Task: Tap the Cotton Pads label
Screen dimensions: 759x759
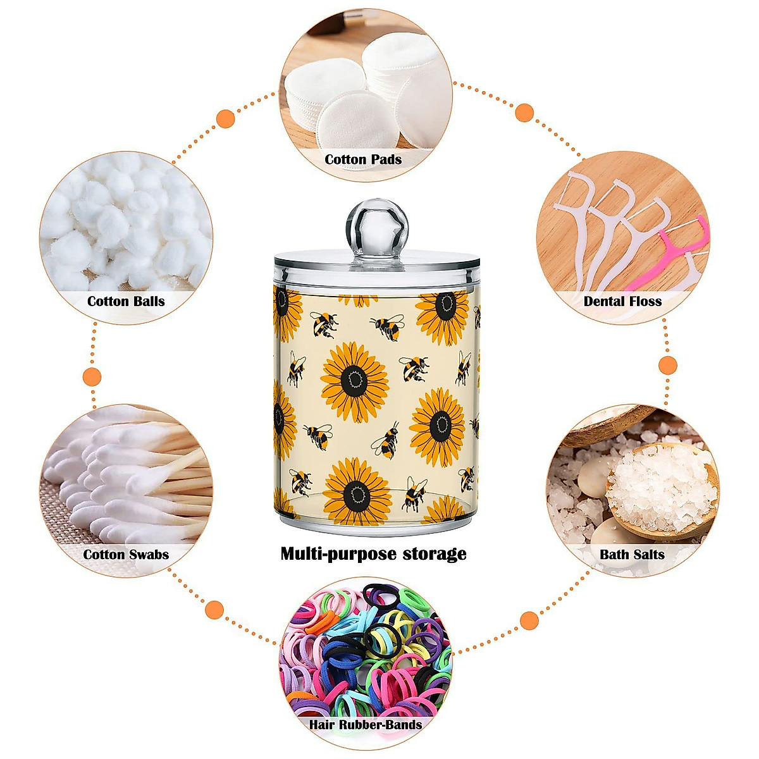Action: pos(363,159)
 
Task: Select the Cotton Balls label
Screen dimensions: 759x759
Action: pos(126,301)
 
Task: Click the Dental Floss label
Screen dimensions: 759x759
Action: pos(622,301)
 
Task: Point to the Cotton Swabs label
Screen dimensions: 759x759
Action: pos(126,555)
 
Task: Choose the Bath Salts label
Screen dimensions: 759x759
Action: pos(632,555)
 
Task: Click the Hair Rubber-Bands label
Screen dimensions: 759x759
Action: pos(366,724)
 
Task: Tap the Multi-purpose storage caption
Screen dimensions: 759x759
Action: pos(373,554)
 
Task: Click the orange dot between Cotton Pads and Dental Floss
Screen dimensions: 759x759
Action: pos(524,113)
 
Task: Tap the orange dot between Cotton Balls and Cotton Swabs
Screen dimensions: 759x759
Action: pos(92,377)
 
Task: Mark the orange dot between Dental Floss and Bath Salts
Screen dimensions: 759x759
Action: pos(668,365)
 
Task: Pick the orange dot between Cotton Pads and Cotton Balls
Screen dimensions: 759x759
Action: pos(226,118)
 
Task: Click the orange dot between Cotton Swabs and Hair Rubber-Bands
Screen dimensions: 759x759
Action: pos(215,610)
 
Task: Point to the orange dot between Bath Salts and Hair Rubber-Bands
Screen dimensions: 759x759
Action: pos(529,620)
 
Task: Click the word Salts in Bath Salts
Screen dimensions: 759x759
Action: pos(648,555)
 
